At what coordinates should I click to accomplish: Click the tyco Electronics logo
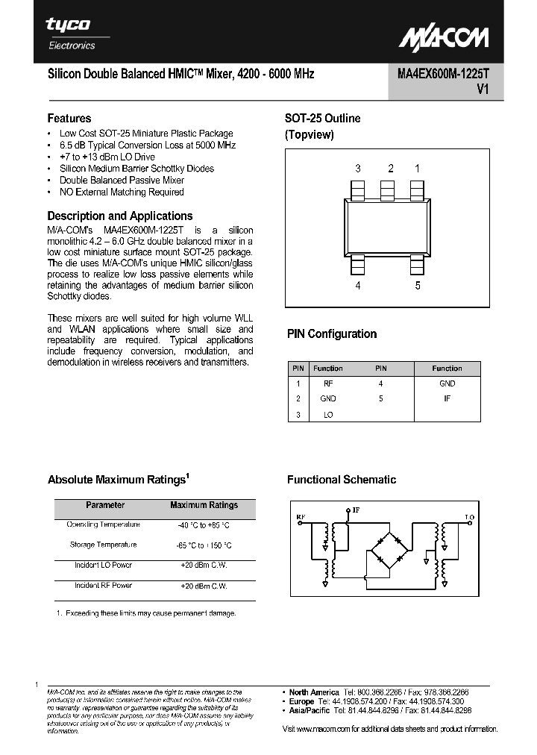point(69,34)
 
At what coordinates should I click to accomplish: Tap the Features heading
point(69,118)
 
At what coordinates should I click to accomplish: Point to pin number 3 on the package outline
point(358,169)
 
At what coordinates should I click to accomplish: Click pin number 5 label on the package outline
point(418,285)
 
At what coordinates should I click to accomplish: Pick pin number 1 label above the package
point(417,169)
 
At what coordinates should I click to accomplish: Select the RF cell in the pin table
point(328,383)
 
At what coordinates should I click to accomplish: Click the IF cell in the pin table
point(447,398)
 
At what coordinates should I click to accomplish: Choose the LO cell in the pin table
point(328,414)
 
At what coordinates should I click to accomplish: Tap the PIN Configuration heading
point(332,334)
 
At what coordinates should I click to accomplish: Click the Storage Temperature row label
point(104,545)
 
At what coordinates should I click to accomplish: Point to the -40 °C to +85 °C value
point(204,524)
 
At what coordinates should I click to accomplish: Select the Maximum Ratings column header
point(204,505)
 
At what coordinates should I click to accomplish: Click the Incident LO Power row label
point(104,565)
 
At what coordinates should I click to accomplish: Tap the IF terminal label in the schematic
point(356,510)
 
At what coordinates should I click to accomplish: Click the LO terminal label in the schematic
point(469,516)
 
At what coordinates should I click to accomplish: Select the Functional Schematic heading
point(342,480)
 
